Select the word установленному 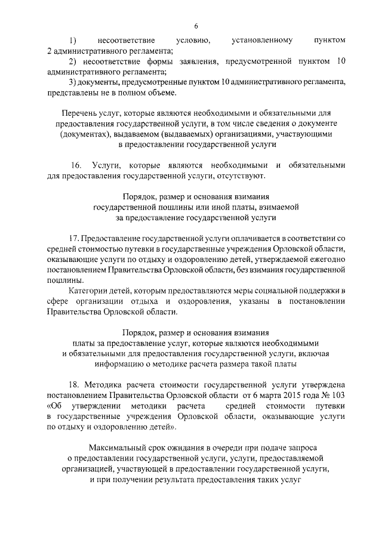[x=261, y=41]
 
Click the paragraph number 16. [x=76, y=165]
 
